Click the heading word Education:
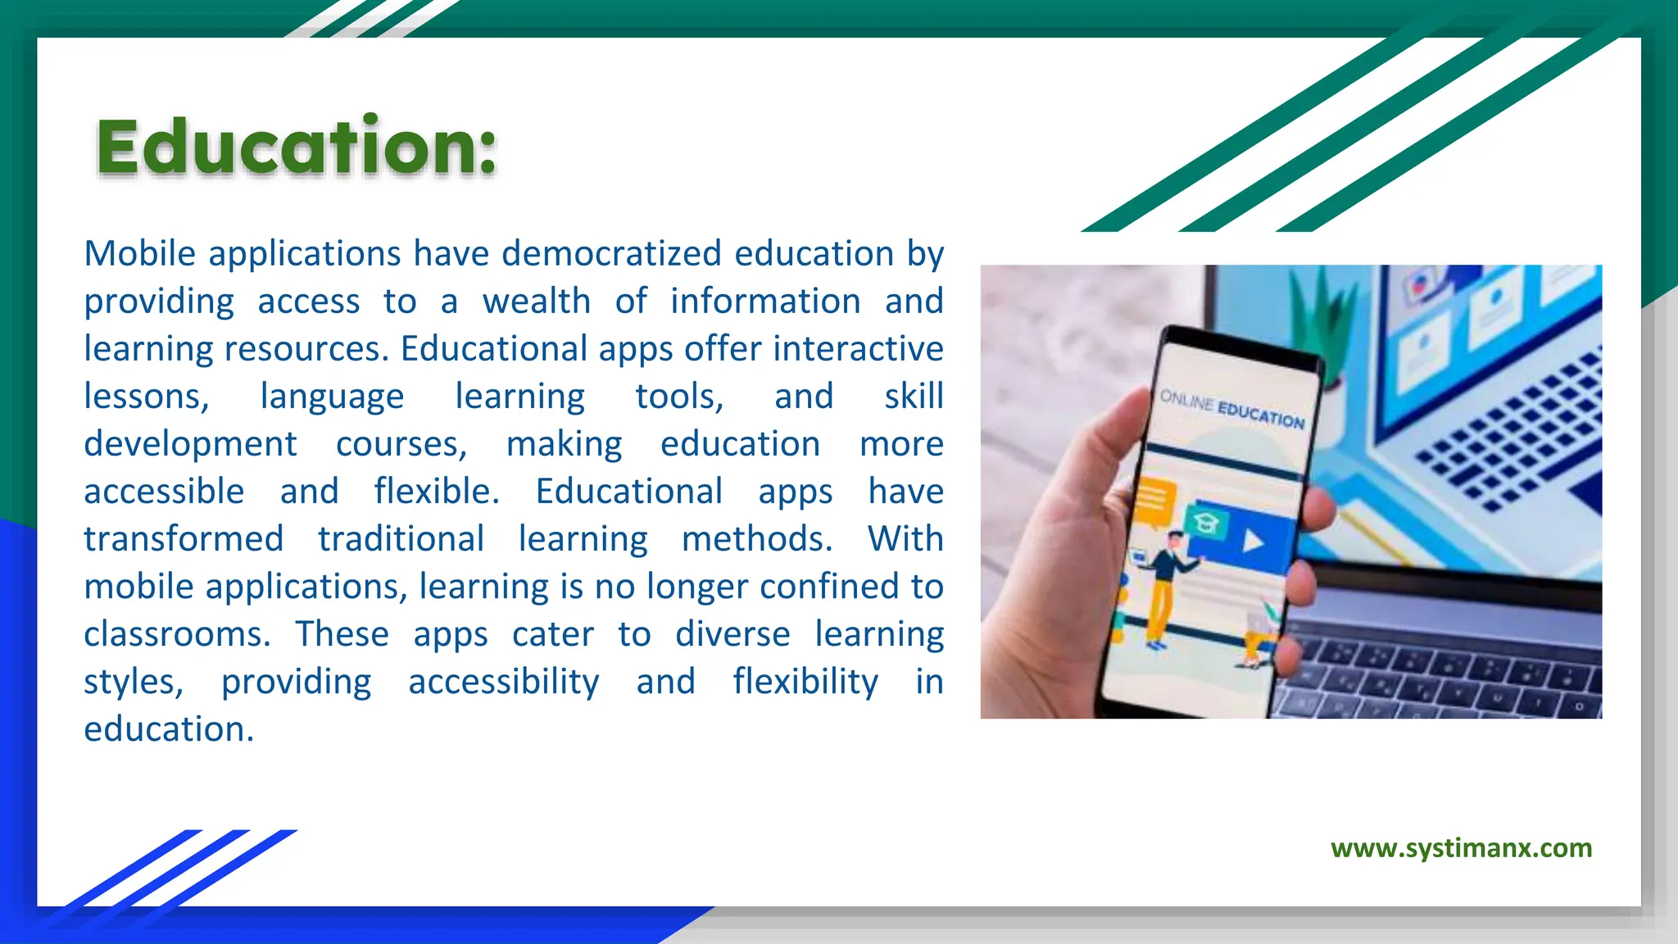coord(296,147)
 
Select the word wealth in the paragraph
coord(536,302)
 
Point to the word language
coord(332,397)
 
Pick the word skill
coord(914,397)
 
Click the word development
coord(190,444)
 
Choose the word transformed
coord(184,539)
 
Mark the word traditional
coord(401,539)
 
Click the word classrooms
coord(176,634)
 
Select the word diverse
coord(732,634)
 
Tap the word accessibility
coord(504,682)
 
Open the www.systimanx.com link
coord(1461,848)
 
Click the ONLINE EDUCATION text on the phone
coord(1231,409)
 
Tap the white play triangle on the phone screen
coord(1253,541)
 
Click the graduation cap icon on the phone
coord(1204,522)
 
